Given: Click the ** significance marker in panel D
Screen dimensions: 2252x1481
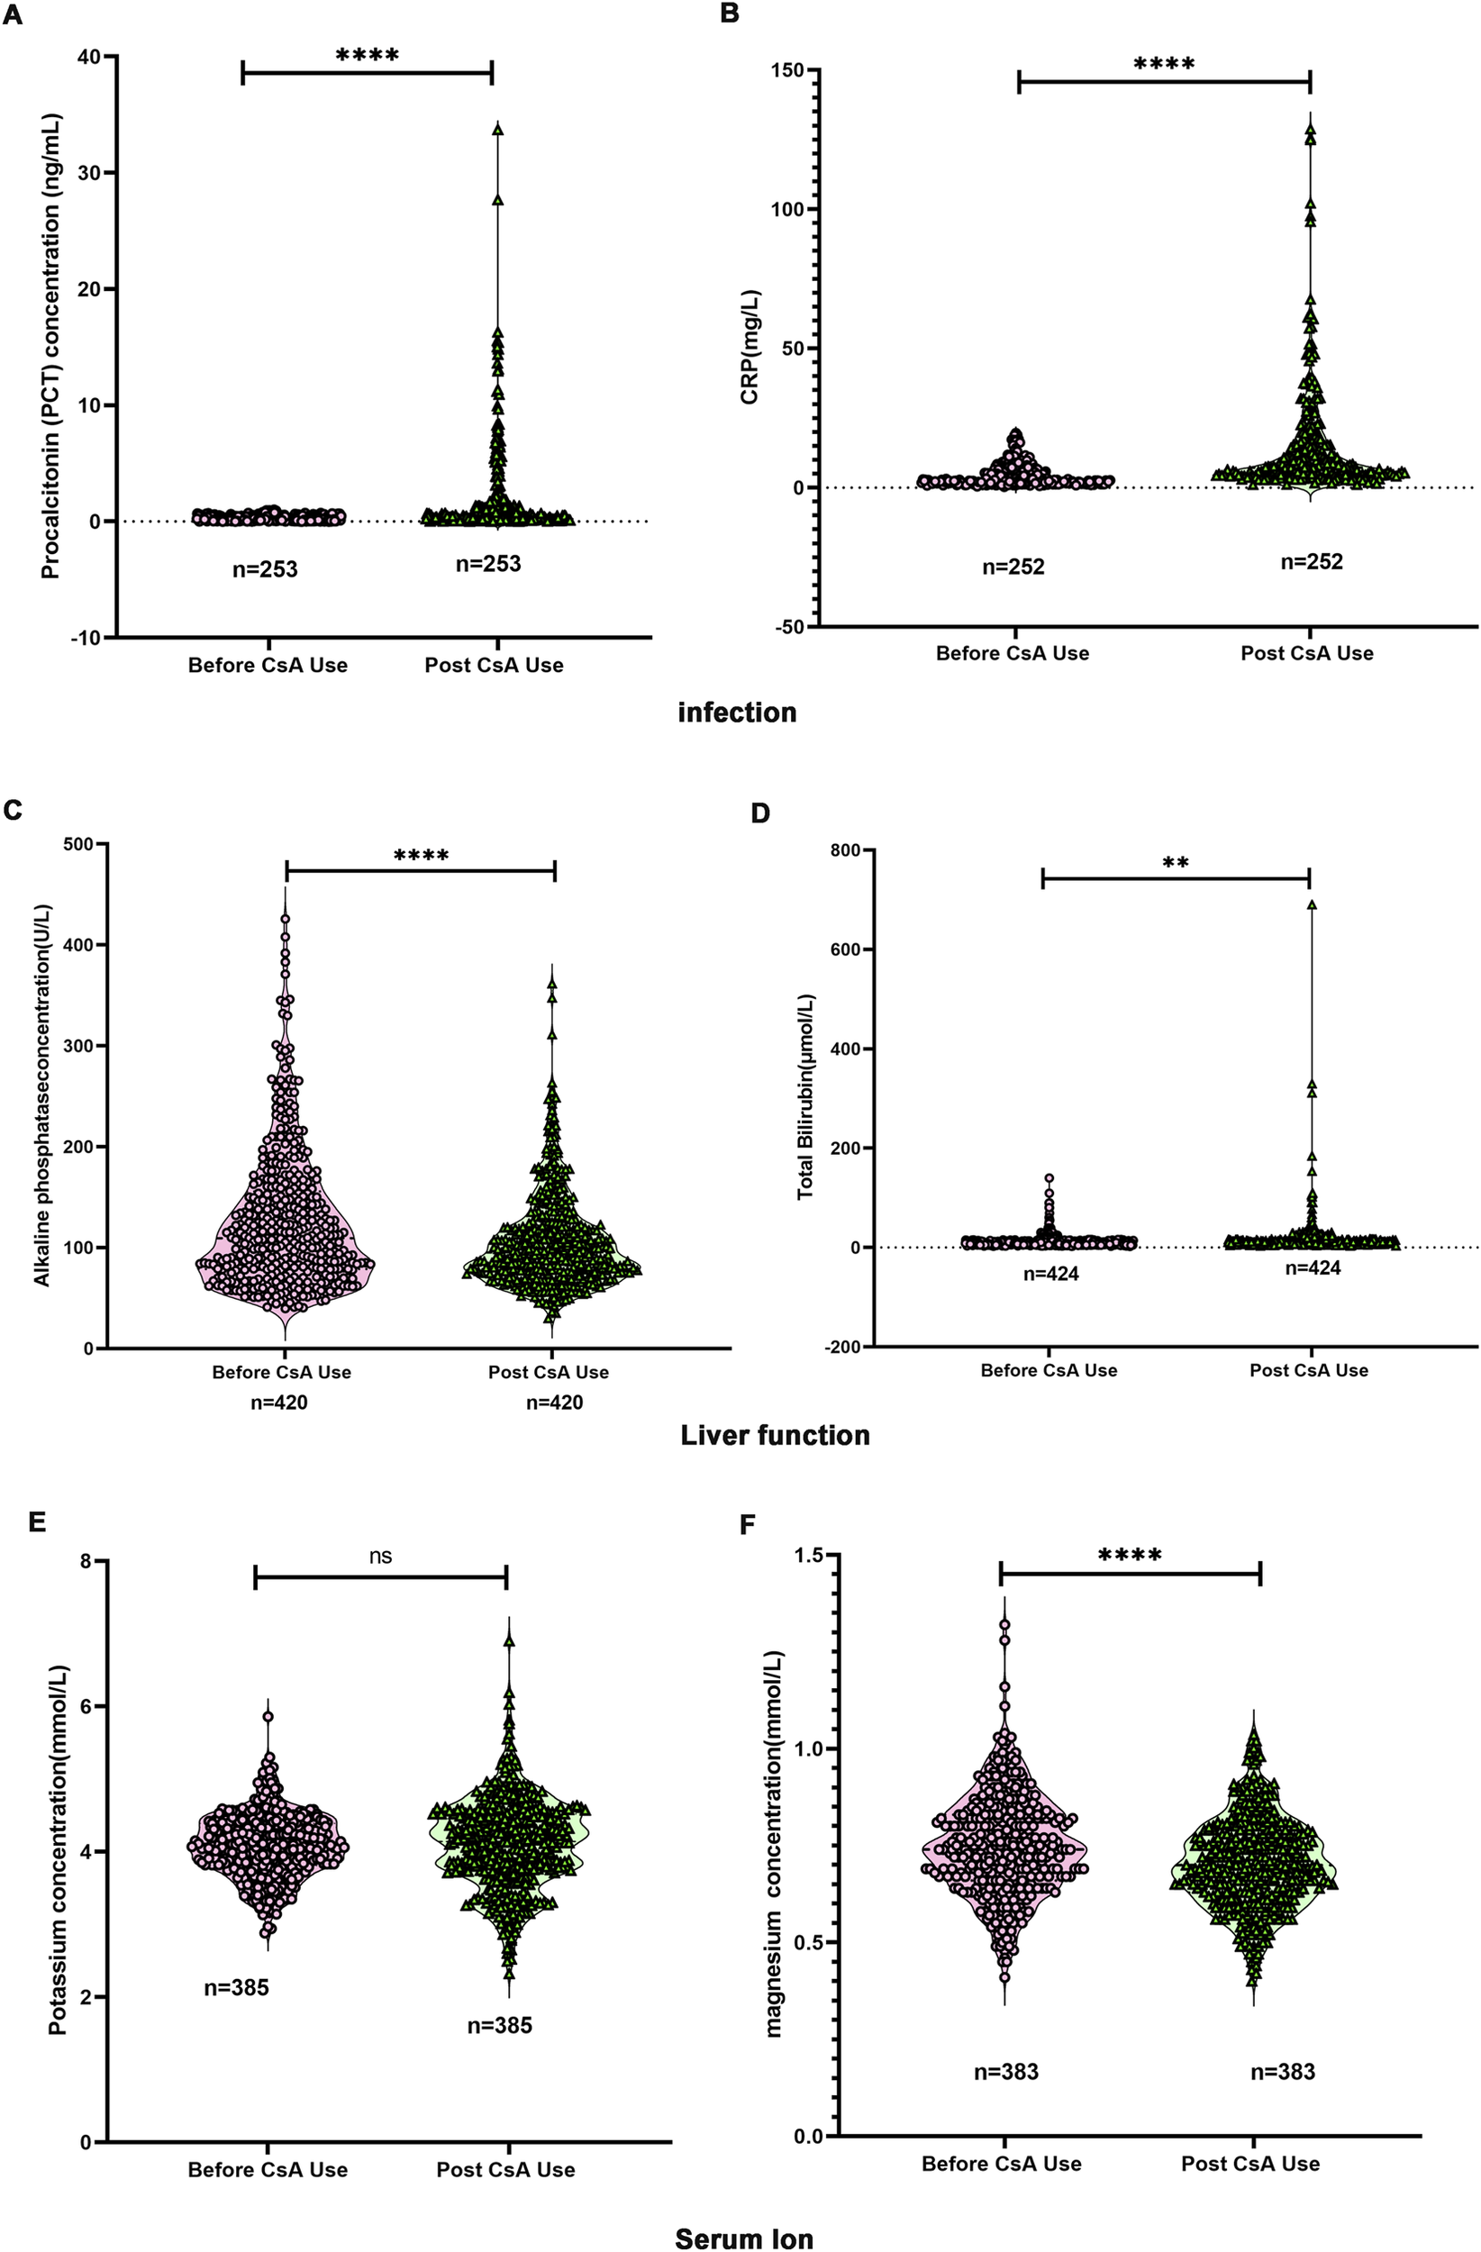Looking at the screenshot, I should (x=1176, y=863).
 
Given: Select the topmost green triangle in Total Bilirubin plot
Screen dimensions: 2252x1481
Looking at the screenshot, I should (x=1312, y=904).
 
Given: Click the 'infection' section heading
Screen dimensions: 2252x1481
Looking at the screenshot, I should (x=736, y=712).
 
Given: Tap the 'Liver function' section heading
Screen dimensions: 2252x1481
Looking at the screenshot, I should (x=775, y=1435).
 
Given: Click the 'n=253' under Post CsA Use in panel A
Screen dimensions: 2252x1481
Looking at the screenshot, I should (x=488, y=564).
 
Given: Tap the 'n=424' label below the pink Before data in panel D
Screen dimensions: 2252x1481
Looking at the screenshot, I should (x=1050, y=1274).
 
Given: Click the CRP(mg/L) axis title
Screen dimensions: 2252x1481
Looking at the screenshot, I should (x=750, y=348).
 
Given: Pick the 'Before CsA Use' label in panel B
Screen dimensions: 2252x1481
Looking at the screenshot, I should (x=1012, y=653).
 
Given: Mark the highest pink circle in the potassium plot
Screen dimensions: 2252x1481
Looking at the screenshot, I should (x=268, y=1716).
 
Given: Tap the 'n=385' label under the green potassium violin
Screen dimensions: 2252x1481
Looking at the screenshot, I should (x=500, y=2026).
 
